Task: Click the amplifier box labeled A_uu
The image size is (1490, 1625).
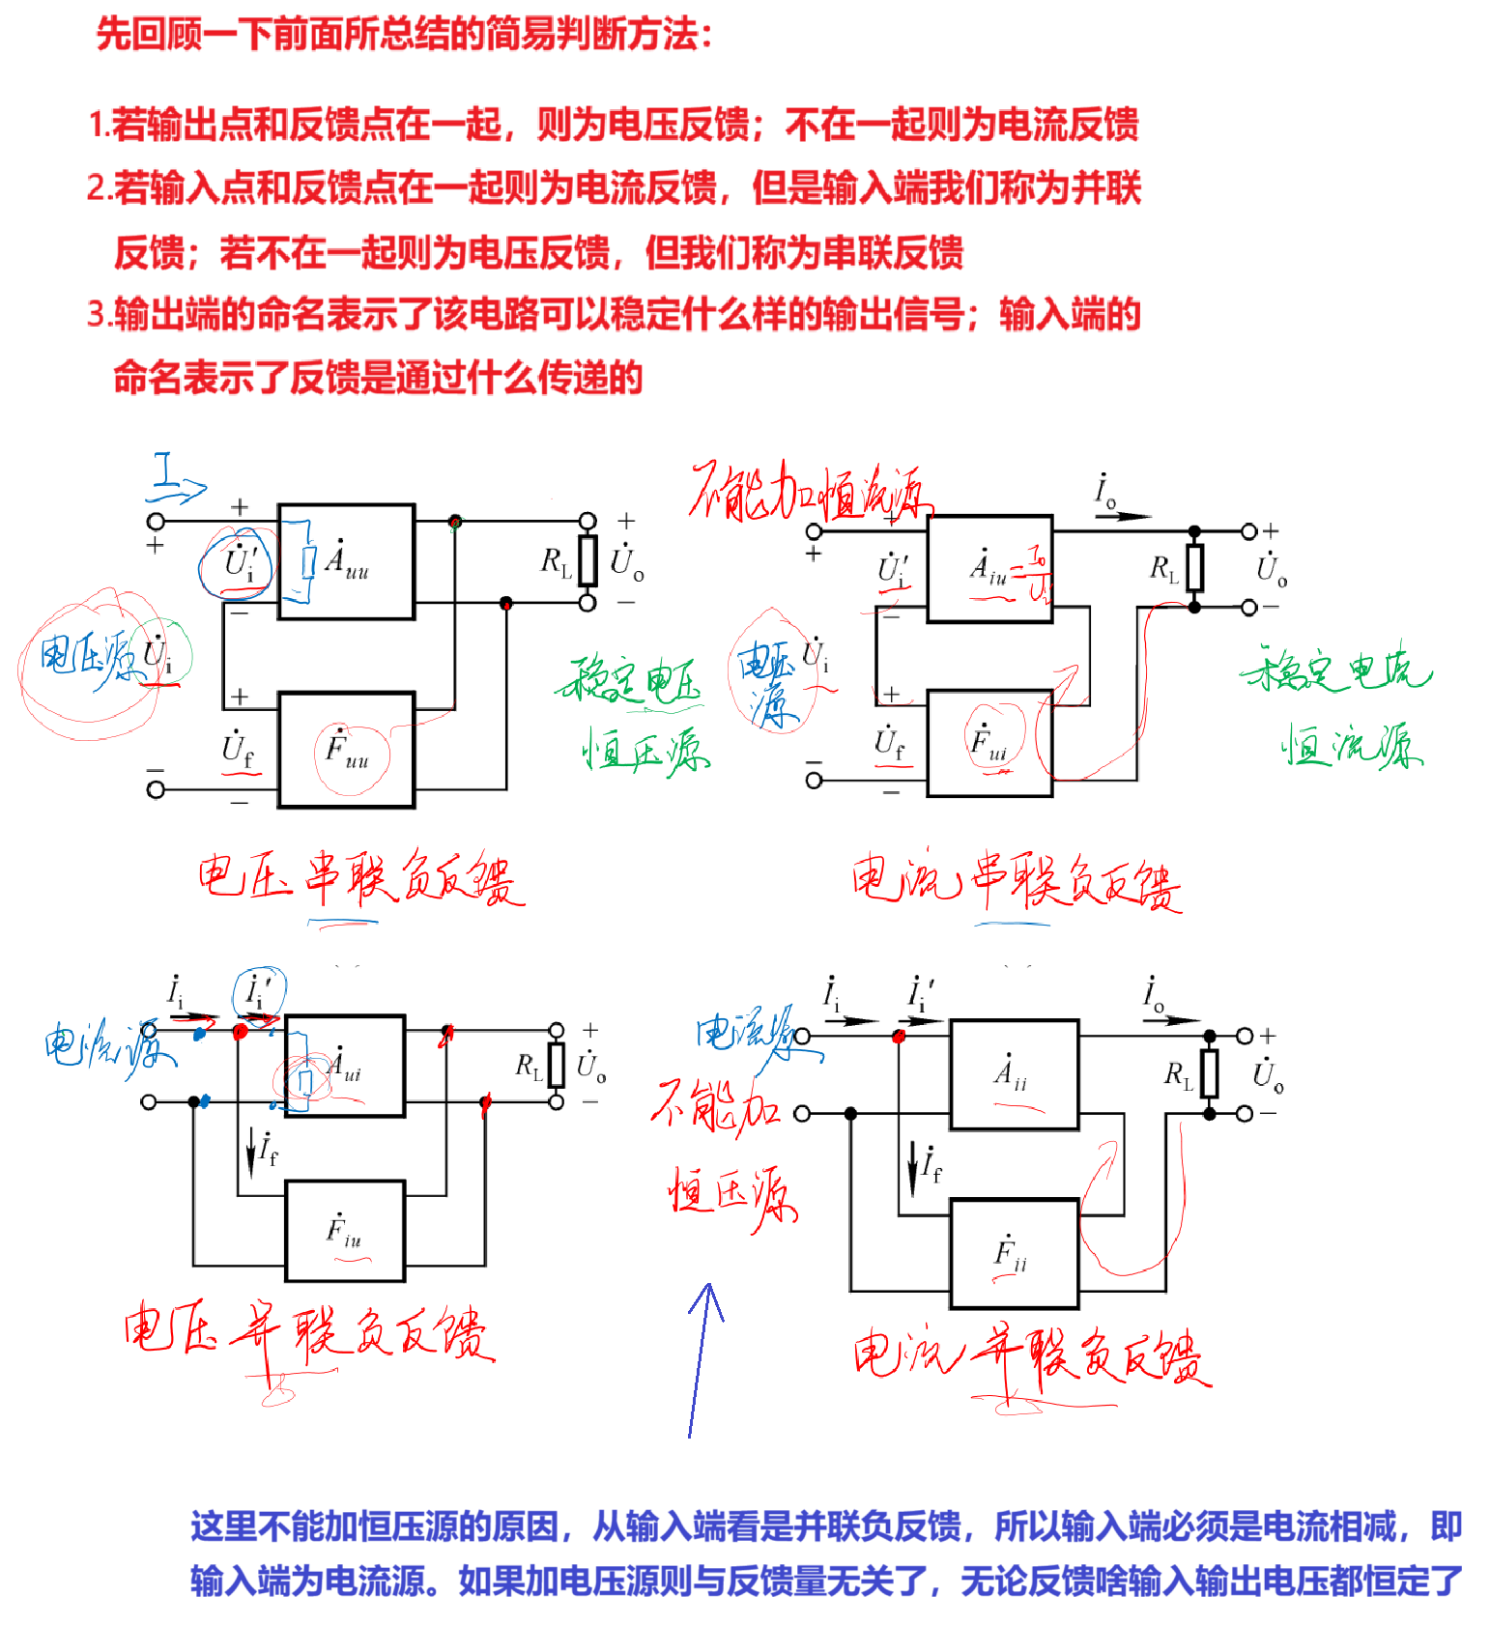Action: coord(346,561)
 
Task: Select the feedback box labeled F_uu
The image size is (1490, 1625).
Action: coord(346,750)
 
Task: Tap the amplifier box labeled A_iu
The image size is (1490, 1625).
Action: coord(989,569)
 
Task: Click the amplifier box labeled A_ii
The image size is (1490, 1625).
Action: coord(1014,1073)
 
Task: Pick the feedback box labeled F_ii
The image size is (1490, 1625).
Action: coord(1014,1254)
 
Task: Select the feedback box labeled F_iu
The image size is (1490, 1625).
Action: coord(344,1231)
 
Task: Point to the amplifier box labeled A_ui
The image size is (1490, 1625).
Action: coord(344,1066)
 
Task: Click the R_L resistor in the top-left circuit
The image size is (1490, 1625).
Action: coord(587,560)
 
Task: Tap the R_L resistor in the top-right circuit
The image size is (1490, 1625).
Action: coord(1195,568)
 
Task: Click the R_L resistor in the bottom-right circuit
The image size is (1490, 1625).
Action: coord(1209,1073)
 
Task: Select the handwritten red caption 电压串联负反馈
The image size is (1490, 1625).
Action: coord(359,880)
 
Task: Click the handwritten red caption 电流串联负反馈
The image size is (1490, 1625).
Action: coord(1015,883)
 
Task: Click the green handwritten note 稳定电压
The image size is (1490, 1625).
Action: coord(628,681)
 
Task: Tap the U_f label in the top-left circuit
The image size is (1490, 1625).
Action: coord(238,749)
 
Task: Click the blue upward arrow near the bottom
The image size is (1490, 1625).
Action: coord(703,1353)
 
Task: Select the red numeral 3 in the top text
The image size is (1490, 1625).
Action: coord(96,314)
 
